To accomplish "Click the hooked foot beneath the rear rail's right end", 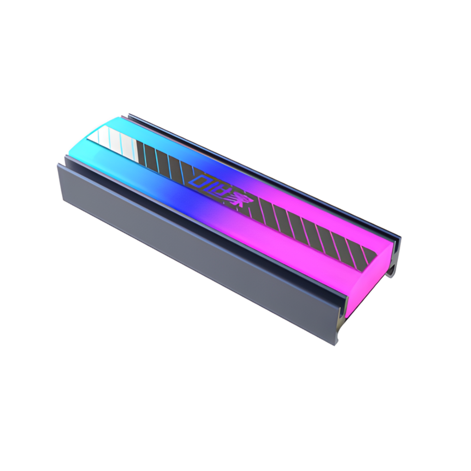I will pyautogui.click(x=391, y=271).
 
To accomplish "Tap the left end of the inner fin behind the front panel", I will pyautogui.click(x=67, y=159).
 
